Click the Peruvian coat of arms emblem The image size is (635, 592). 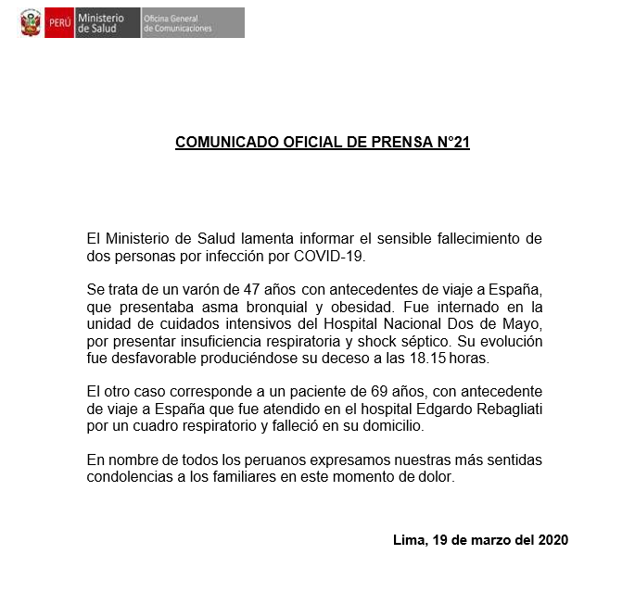point(31,22)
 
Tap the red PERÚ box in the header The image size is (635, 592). point(58,22)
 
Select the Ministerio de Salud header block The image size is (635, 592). point(106,22)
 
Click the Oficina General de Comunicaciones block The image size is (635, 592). point(192,22)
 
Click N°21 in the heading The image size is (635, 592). point(448,144)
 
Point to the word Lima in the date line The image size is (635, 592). point(408,539)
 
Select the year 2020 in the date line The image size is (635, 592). point(552,539)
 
